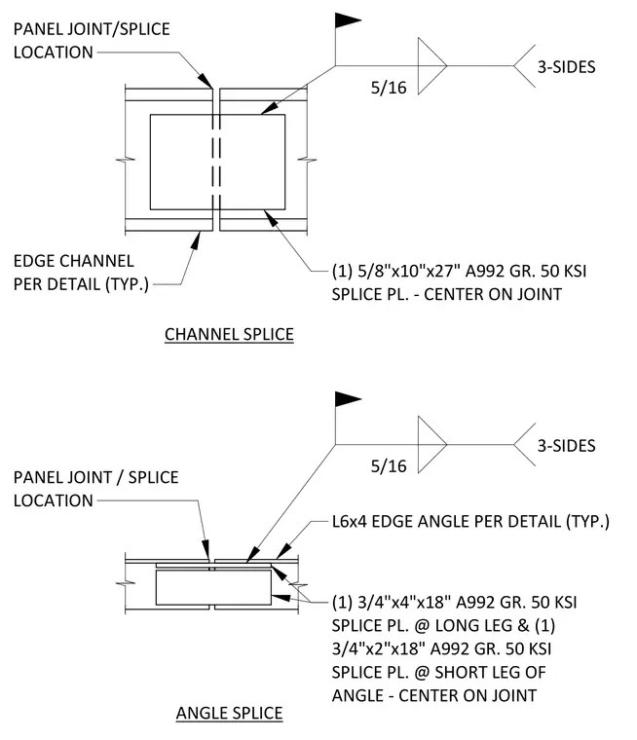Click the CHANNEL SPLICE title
point(229,334)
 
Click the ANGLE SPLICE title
point(229,713)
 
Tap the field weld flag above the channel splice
point(348,20)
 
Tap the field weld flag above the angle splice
point(348,399)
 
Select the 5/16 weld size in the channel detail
point(389,88)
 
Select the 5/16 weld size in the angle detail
point(389,465)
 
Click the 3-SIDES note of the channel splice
point(566,67)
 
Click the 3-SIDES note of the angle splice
point(566,446)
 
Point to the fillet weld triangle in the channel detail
point(432,66)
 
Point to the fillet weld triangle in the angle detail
point(432,445)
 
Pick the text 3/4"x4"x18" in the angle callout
point(404,603)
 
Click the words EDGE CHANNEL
point(74,261)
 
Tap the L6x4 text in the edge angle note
point(350,522)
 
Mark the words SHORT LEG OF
point(490,673)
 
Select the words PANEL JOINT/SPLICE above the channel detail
point(92,29)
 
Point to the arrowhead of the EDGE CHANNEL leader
point(195,240)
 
